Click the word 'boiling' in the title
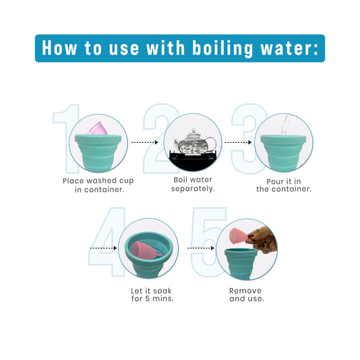pyautogui.click(x=223, y=49)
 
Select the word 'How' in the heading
pyautogui.click(x=59, y=48)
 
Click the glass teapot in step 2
pyautogui.click(x=195, y=142)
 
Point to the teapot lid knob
pyautogui.click(x=194, y=130)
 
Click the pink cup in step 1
pyautogui.click(x=98, y=128)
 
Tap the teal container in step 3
pyautogui.click(x=283, y=153)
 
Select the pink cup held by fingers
pyautogui.click(x=238, y=236)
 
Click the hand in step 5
pyautogui.click(x=263, y=240)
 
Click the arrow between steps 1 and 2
pyautogui.click(x=145, y=142)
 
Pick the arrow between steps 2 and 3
pyautogui.click(x=238, y=142)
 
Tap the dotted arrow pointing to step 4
pyautogui.click(x=104, y=248)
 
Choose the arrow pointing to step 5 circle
pyautogui.click(x=200, y=248)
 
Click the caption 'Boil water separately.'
pyautogui.click(x=193, y=184)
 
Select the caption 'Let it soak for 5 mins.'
pyautogui.click(x=152, y=295)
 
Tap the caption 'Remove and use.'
pyautogui.click(x=246, y=295)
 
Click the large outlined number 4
pyautogui.click(x=107, y=242)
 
